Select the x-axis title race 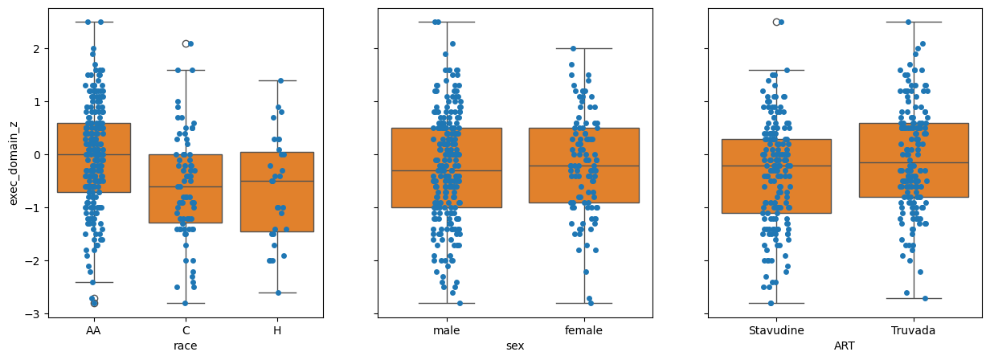pyautogui.click(x=186, y=346)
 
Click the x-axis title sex pyautogui.click(x=515, y=346)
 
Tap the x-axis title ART pyautogui.click(x=845, y=346)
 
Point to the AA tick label pyautogui.click(x=94, y=330)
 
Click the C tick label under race pyautogui.click(x=186, y=330)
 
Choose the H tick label pyautogui.click(x=277, y=330)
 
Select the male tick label pyautogui.click(x=447, y=330)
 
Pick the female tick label pyautogui.click(x=584, y=330)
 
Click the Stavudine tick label pyautogui.click(x=776, y=330)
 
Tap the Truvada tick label pyautogui.click(x=914, y=330)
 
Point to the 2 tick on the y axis pyautogui.click(x=37, y=49)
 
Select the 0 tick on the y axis pyautogui.click(x=37, y=155)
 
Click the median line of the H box pyautogui.click(x=277, y=181)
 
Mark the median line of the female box pyautogui.click(x=584, y=166)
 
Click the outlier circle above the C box pyautogui.click(x=186, y=43)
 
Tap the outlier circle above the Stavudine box pyautogui.click(x=776, y=22)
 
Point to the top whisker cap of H pyautogui.click(x=277, y=80)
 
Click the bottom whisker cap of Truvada pyautogui.click(x=914, y=298)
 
